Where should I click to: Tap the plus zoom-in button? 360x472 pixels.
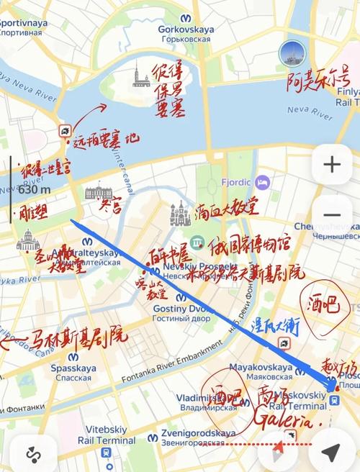tap(332, 165)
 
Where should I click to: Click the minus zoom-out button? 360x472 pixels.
tap(332, 215)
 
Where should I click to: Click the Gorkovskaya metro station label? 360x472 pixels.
tap(181, 33)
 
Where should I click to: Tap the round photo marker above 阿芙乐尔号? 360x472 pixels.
tap(292, 53)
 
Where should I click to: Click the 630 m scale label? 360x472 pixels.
tap(34, 190)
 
